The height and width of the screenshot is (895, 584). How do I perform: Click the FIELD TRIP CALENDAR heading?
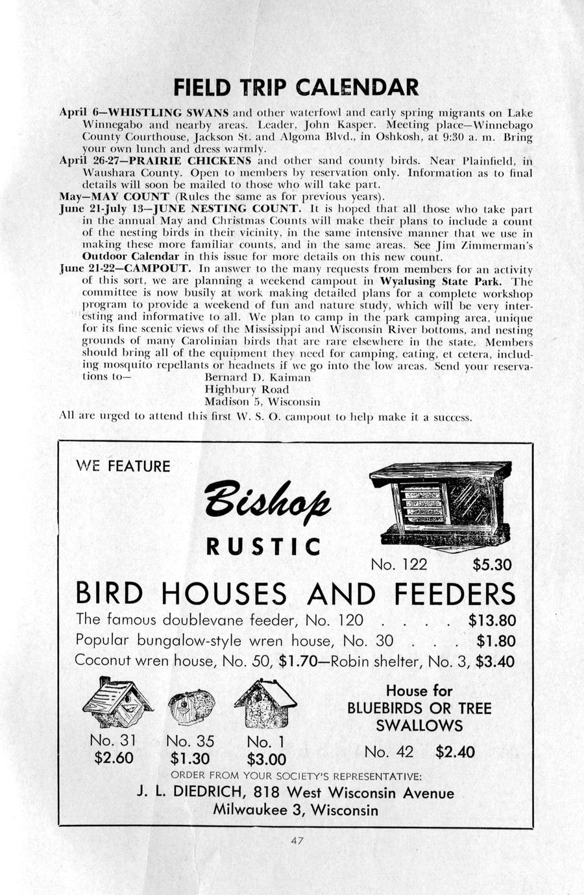pyautogui.click(x=296, y=87)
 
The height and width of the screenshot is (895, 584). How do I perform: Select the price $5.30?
pyautogui.click(x=492, y=565)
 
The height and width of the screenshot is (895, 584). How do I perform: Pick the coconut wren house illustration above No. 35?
pyautogui.click(x=191, y=707)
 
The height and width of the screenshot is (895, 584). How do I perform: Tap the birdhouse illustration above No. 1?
pyautogui.click(x=265, y=703)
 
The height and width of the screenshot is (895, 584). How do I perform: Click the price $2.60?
pyautogui.click(x=114, y=758)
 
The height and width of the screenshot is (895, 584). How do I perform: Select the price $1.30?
pyautogui.click(x=190, y=758)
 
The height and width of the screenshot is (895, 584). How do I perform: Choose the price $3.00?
pyautogui.click(x=266, y=759)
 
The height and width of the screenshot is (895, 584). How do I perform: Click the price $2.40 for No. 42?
pyautogui.click(x=455, y=752)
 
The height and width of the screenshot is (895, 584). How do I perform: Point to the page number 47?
pyautogui.click(x=298, y=841)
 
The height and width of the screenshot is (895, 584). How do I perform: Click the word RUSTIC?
pyautogui.click(x=263, y=547)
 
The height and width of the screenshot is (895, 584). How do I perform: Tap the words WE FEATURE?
pyautogui.click(x=123, y=466)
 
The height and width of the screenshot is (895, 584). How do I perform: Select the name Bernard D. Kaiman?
pyautogui.click(x=258, y=377)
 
